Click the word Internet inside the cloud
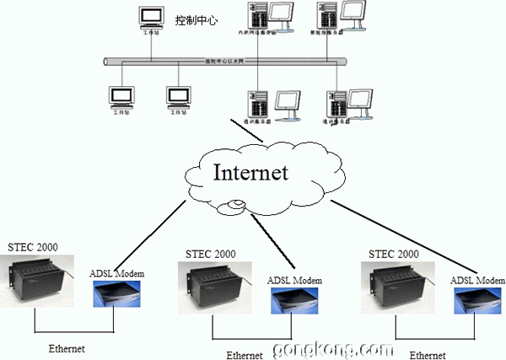click(x=250, y=173)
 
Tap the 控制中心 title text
click(x=196, y=19)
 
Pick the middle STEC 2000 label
click(x=212, y=253)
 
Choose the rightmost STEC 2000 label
click(x=395, y=253)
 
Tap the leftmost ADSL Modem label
click(x=116, y=273)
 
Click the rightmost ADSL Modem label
click(x=477, y=280)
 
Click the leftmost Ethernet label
click(x=66, y=347)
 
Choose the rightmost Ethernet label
click(x=427, y=355)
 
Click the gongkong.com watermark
click(x=331, y=348)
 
